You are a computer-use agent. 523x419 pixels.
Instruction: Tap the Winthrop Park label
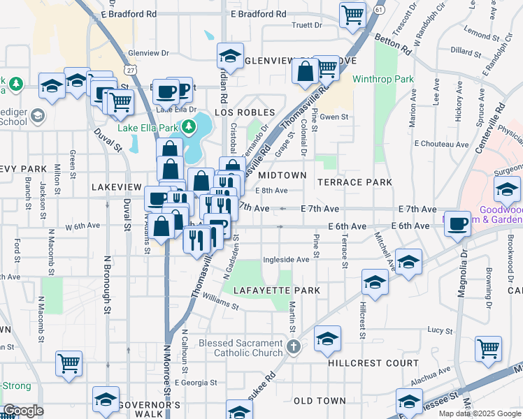[x=384, y=80]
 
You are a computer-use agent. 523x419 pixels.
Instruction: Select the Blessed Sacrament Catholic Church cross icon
[x=294, y=346]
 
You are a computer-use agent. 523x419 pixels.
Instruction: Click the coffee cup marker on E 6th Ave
[x=458, y=225]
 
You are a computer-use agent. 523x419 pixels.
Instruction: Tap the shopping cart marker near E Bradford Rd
[x=353, y=14]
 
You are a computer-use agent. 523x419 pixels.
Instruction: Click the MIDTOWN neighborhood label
[x=282, y=175]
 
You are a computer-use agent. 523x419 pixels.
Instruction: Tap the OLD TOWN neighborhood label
[x=319, y=401]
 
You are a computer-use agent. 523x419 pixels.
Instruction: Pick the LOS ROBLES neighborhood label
[x=242, y=112]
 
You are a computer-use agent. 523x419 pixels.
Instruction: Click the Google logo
[x=22, y=410]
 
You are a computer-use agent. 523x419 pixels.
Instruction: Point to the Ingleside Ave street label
[x=286, y=260]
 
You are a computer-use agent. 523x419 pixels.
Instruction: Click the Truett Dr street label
[x=306, y=25]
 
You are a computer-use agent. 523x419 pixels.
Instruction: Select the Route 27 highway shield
[x=130, y=71]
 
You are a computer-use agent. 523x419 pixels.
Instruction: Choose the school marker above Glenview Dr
[x=229, y=54]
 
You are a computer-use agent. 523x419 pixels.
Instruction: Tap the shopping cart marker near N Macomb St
[x=69, y=363]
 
